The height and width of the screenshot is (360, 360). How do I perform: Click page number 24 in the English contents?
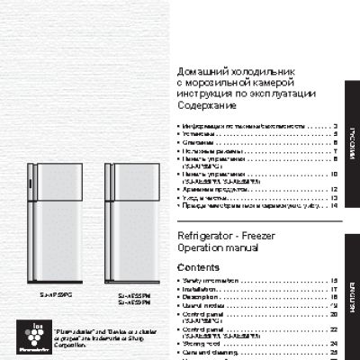[x=333, y=343]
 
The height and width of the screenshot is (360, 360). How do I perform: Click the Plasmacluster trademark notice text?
[x=86, y=337]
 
